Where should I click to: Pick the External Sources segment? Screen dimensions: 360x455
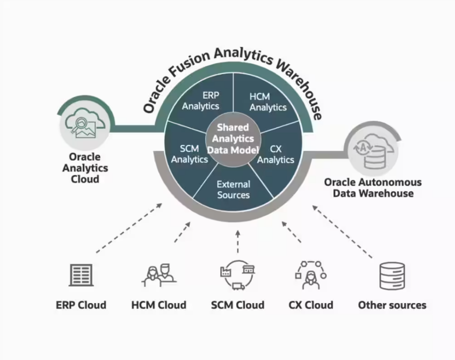click(233, 189)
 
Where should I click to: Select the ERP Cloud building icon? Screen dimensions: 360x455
click(81, 275)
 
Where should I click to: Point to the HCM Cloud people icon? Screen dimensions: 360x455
click(158, 275)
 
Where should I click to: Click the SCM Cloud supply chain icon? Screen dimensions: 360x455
click(237, 274)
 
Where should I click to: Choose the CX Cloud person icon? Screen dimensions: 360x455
click(311, 275)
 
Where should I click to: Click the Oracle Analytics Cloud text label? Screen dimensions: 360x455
click(85, 168)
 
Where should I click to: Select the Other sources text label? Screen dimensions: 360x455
click(392, 305)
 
